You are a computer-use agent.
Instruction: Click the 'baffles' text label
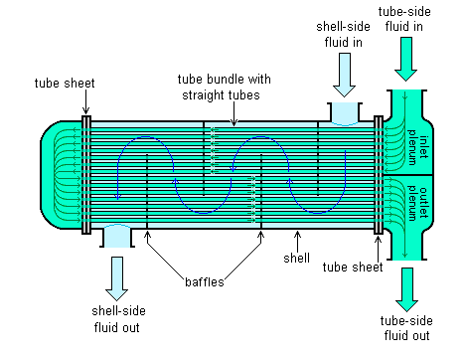tap(203, 281)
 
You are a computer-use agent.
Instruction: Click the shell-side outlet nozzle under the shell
tap(117, 236)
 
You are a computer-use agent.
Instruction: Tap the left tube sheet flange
tap(87, 175)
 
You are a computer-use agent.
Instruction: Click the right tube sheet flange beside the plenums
tap(377, 175)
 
